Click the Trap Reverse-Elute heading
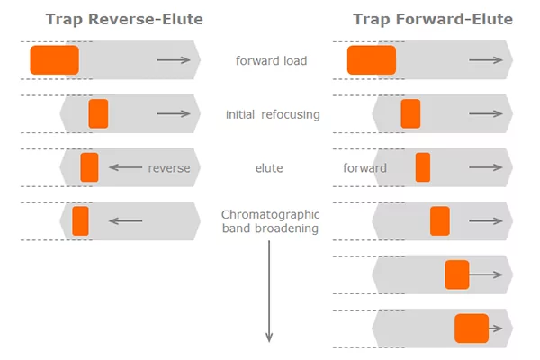(124, 19)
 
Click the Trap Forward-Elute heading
(433, 19)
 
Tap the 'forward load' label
(271, 60)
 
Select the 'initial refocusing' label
(273, 114)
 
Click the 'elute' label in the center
(269, 168)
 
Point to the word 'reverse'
(169, 168)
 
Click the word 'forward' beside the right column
(364, 167)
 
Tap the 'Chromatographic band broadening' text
(270, 221)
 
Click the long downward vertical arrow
(269, 292)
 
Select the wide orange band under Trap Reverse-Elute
(54, 60)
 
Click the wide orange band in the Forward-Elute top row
(372, 60)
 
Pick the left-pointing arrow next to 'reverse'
(126, 167)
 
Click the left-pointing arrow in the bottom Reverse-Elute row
(126, 220)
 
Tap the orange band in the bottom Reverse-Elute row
(80, 221)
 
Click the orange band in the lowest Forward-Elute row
(472, 328)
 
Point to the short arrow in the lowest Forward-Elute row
(496, 328)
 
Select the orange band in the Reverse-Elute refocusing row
(98, 113)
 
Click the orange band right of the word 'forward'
(423, 167)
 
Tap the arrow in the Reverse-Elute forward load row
(174, 60)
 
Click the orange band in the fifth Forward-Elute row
(457, 274)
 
